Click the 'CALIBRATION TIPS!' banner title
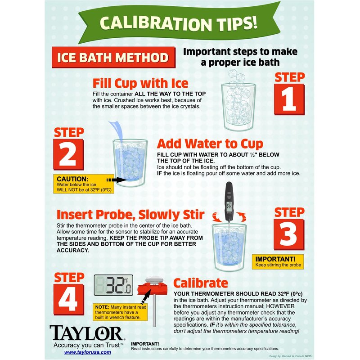pos(178,23)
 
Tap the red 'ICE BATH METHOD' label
pos(114,58)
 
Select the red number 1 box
pos(289,99)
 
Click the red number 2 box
pos(68,154)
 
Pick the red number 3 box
pos(289,234)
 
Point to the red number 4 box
pos(69,300)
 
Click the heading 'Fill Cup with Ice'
pos(140,83)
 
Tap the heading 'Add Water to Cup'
pos(210,144)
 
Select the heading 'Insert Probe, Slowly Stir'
pos(130,215)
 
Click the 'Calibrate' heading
pos(201,283)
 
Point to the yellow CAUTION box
pos(84,184)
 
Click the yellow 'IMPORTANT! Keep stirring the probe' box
pos(278,262)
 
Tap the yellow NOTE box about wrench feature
pos(120,312)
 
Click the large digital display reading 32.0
pos(113,285)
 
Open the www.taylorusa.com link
pos(87,352)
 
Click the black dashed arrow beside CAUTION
pos(117,180)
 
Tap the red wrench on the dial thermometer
pos(152,289)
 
